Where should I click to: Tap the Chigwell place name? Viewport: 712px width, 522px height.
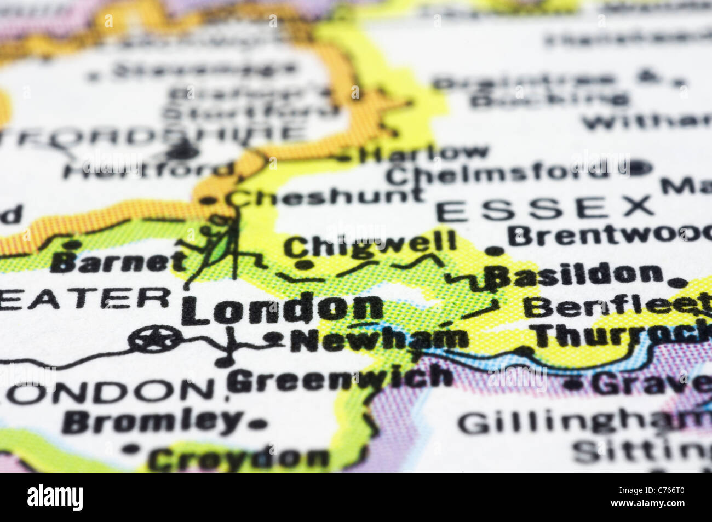coord(370,244)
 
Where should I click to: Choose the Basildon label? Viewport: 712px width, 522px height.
coord(575,274)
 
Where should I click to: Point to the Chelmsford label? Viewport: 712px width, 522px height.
coord(496,175)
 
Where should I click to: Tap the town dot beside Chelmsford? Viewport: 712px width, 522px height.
coord(639,167)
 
